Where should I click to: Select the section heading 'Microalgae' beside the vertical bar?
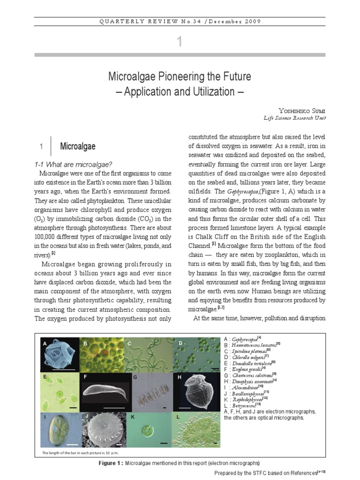pyautogui.click(x=77, y=147)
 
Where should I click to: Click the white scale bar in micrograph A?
pyautogui.click(x=65, y=370)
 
